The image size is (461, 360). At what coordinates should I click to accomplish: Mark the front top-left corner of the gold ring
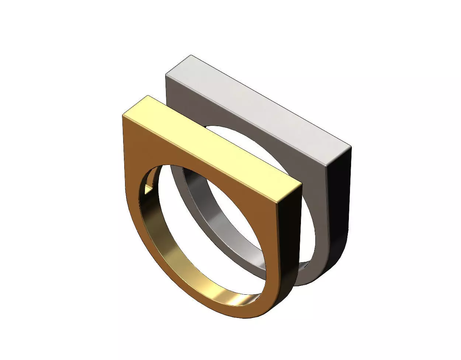[122, 115]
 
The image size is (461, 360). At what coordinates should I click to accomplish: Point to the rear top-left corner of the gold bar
[148, 96]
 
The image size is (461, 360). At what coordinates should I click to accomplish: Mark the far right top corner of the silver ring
[351, 147]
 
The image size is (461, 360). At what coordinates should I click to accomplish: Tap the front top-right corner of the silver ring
[326, 166]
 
